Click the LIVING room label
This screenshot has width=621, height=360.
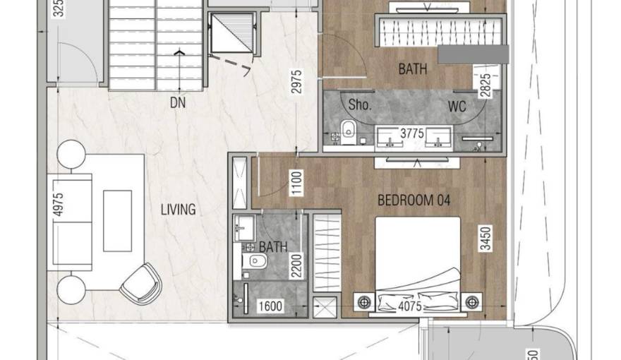(178, 210)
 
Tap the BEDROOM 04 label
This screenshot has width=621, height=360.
(414, 200)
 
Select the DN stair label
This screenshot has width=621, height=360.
(178, 102)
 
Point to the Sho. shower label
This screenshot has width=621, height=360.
(360, 106)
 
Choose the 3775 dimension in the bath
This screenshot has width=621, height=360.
(413, 133)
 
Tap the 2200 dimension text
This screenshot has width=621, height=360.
(297, 267)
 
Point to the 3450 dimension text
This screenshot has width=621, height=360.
(484, 240)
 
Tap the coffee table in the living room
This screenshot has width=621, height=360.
(117, 220)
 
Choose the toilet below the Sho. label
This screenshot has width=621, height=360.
(347, 128)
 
